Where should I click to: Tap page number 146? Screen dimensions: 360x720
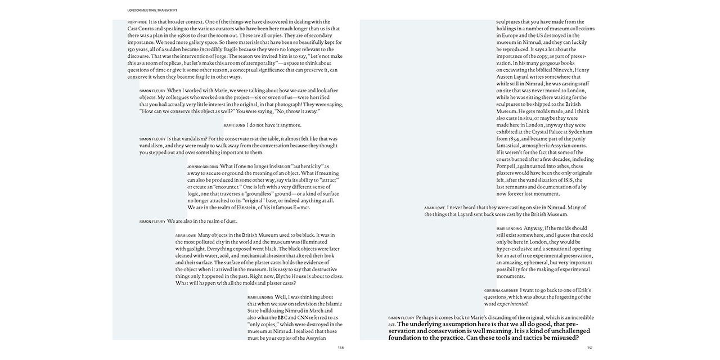[341, 348]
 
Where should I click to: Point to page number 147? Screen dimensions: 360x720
[590, 348]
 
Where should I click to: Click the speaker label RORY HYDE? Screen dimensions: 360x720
[137, 22]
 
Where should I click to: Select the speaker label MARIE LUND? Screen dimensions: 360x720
[235, 125]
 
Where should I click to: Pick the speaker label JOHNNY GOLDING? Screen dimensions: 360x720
[202, 166]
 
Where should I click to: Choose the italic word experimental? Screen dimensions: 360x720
[512, 304]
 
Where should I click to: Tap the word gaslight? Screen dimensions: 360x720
[190, 249]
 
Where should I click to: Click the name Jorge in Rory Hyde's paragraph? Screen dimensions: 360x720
[212, 56]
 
